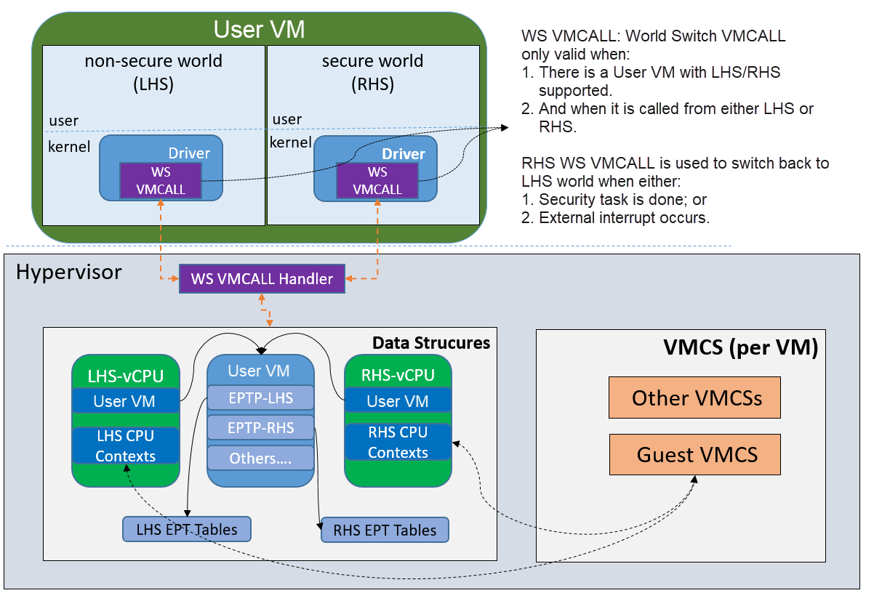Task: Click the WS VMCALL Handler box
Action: click(x=262, y=278)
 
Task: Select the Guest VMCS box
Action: click(x=695, y=454)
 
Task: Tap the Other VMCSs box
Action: click(x=694, y=398)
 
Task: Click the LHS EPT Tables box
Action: click(x=187, y=529)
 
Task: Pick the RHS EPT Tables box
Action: click(x=385, y=530)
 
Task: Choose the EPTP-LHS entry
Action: click(x=260, y=398)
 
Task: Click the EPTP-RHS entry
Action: click(x=260, y=427)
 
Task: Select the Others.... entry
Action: click(x=260, y=458)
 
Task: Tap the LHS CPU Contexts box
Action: click(x=126, y=445)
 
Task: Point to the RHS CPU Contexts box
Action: click(x=398, y=442)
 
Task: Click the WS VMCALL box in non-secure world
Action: click(x=161, y=181)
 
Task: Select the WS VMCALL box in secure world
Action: click(x=377, y=181)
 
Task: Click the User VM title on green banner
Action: click(x=259, y=29)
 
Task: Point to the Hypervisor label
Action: click(x=69, y=272)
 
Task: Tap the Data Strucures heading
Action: click(x=431, y=343)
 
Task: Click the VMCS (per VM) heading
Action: click(x=741, y=347)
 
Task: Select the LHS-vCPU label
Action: click(x=126, y=376)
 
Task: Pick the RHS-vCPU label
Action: click(x=398, y=375)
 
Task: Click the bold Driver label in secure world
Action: click(x=404, y=154)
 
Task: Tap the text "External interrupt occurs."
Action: click(x=624, y=217)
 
